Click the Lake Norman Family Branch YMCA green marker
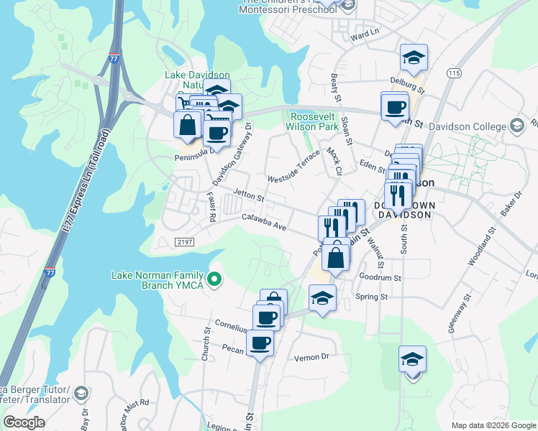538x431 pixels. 214,279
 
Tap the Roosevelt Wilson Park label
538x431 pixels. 314,121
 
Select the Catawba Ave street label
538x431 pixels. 265,222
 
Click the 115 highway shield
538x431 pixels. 453,73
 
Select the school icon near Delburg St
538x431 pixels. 414,58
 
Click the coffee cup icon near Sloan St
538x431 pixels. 395,107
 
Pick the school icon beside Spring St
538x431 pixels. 322,297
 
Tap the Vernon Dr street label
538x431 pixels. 311,356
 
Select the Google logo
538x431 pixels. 24,422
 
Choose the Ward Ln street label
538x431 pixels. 365,34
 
